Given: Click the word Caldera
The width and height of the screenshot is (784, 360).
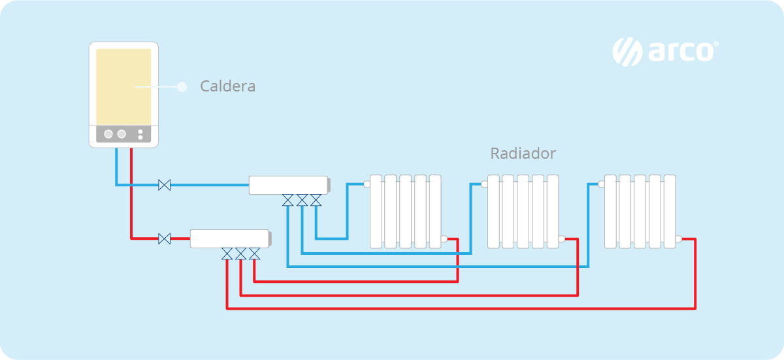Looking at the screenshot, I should coord(227,86).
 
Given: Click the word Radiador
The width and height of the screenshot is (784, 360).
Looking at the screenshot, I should coord(523,154).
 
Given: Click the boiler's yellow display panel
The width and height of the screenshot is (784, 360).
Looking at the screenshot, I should coord(123,86).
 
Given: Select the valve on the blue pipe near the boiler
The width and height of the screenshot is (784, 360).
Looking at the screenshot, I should coord(165,186).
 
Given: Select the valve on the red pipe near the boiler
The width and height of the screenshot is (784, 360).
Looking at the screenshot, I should coord(165,238).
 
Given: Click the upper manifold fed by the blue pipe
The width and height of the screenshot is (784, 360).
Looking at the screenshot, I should coord(288,185).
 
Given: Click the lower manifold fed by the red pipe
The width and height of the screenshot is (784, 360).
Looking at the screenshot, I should coord(229,238).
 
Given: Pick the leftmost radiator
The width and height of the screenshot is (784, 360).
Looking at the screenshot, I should coord(405,211).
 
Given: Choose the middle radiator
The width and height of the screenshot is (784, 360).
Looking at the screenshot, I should coord(523,211).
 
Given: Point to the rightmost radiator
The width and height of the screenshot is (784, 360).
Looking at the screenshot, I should coord(640,211).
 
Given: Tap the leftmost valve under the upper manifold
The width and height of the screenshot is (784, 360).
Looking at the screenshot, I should coord(288,200).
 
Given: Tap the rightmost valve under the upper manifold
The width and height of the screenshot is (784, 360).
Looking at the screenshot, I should coord(316,200).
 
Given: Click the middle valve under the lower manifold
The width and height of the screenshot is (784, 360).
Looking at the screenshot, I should coord(240,253).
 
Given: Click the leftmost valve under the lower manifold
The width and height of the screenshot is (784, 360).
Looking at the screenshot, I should coord(227,253).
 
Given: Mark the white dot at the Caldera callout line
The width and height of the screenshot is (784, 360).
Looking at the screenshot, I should coord(182,86).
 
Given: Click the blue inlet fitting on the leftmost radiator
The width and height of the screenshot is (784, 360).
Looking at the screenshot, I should coord(367,184).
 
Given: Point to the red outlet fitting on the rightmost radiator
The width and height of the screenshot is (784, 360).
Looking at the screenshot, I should coord(679,239).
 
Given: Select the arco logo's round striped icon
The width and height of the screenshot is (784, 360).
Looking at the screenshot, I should coord(627,52).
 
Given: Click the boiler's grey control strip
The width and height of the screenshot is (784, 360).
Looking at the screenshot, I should coord(123,134).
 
